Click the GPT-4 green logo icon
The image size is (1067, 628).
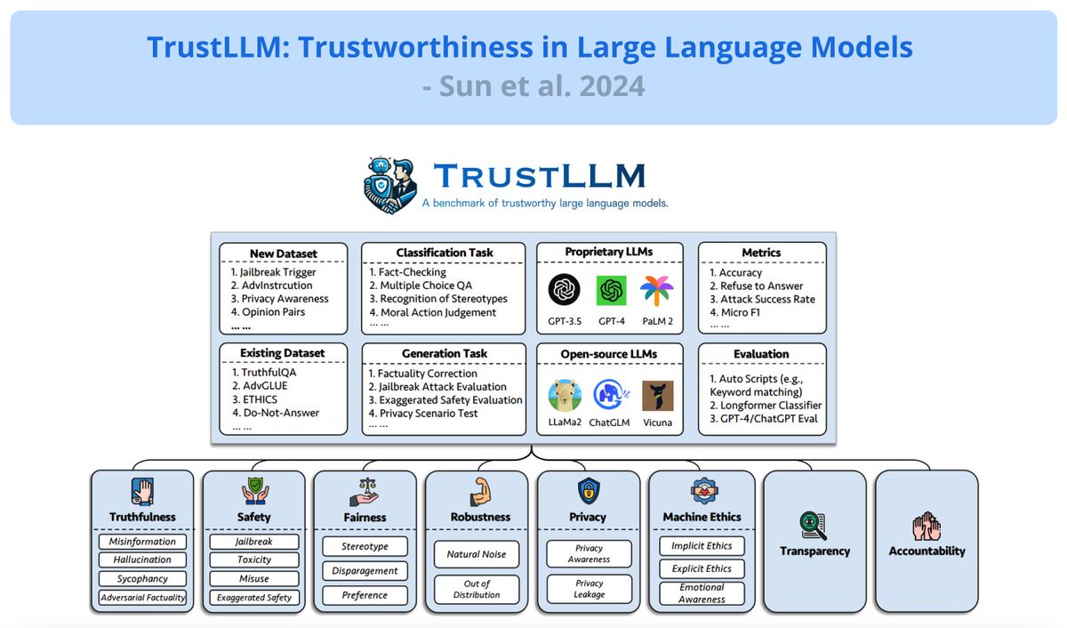coord(611,290)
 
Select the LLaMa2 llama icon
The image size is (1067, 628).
coord(566,395)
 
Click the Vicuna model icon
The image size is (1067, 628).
coord(657,395)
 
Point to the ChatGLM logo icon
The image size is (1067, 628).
coord(611,395)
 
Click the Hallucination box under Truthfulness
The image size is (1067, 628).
coord(142,560)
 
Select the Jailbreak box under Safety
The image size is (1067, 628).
coord(254,542)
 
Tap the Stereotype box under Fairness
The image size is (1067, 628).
coord(365,545)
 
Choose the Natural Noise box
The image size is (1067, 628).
coord(476,554)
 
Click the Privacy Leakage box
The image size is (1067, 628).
coord(589,589)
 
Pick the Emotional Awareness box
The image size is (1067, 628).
coord(702,593)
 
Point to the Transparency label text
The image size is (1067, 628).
coord(814,551)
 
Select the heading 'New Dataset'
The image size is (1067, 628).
coord(283,253)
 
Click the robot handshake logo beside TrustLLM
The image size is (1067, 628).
coord(392,185)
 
